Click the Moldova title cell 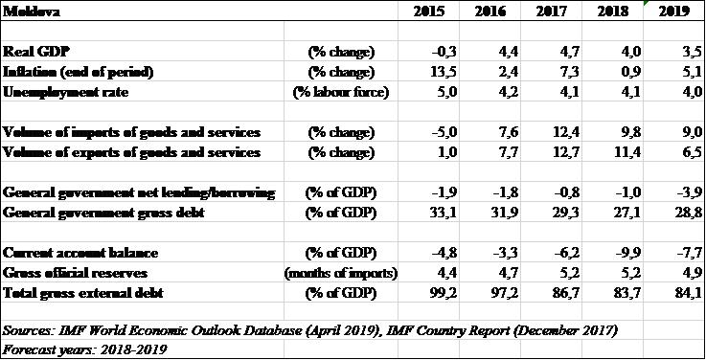pyautogui.click(x=32, y=11)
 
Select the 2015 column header pyautogui.click(x=428, y=11)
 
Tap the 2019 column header pyautogui.click(x=673, y=11)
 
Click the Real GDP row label pyautogui.click(x=36, y=52)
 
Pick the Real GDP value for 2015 pyautogui.click(x=444, y=52)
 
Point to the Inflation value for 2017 pyautogui.click(x=567, y=72)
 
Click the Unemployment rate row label pyautogui.click(x=66, y=92)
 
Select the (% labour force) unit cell pyautogui.click(x=341, y=92)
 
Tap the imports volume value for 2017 pyautogui.click(x=563, y=132)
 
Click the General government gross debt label pyautogui.click(x=103, y=213)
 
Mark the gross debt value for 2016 pyautogui.click(x=503, y=213)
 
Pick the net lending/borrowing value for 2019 pyautogui.click(x=689, y=192)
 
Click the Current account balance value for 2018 pyautogui.click(x=626, y=253)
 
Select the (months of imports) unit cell pyautogui.click(x=341, y=273)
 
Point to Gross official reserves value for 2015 pyautogui.click(x=446, y=273)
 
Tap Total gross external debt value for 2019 pyautogui.click(x=687, y=293)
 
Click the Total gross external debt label pyautogui.click(x=82, y=293)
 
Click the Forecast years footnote pyautogui.click(x=84, y=349)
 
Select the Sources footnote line pyautogui.click(x=309, y=330)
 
